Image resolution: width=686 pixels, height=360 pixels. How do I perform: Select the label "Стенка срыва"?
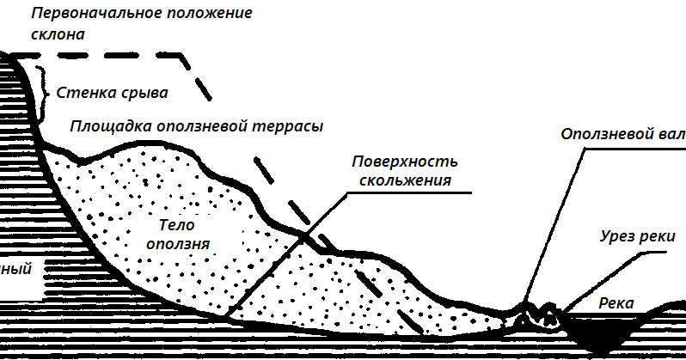pos(111,91)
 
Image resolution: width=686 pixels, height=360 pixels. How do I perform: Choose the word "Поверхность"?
pos(404,162)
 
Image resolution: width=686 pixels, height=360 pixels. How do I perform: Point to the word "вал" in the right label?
pos(674,135)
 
